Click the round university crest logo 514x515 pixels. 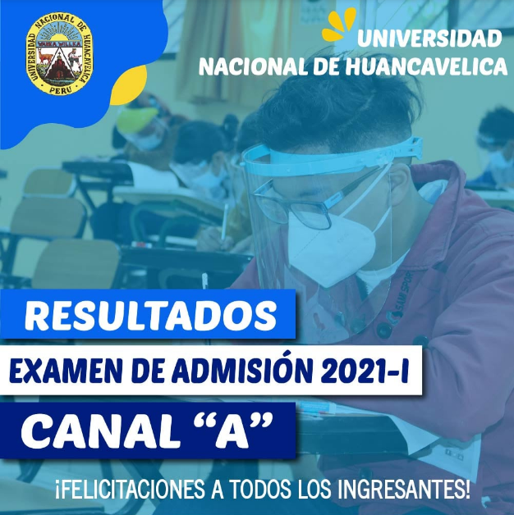pyautogui.click(x=59, y=53)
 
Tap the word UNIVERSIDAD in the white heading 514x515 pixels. pyautogui.click(x=429, y=39)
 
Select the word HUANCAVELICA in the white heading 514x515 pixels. pyautogui.click(x=426, y=66)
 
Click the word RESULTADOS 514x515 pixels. pyautogui.click(x=150, y=316)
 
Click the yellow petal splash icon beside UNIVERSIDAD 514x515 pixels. pyautogui.click(x=339, y=25)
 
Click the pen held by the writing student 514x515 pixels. pyautogui.click(x=225, y=221)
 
